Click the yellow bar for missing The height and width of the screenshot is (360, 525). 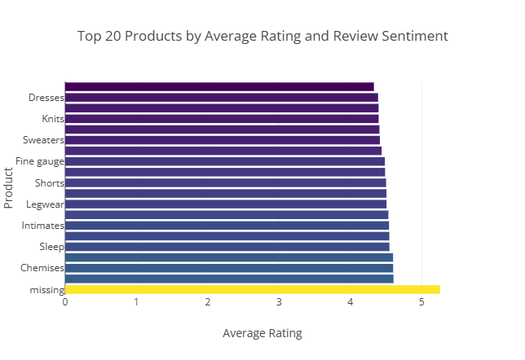pyautogui.click(x=252, y=290)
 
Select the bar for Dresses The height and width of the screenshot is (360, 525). pyautogui.click(x=221, y=98)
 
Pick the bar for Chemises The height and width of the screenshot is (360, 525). pyautogui.click(x=228, y=268)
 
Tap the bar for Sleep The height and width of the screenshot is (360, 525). pyautogui.click(x=227, y=247)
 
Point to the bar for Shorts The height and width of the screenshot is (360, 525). pyautogui.click(x=225, y=182)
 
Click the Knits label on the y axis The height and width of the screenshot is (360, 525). pyautogui.click(x=53, y=119)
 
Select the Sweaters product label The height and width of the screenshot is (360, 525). pyautogui.click(x=44, y=140)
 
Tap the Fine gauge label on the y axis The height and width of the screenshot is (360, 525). pyautogui.click(x=40, y=161)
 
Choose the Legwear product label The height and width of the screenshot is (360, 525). pyautogui.click(x=46, y=204)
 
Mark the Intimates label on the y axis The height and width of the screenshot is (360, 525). pyautogui.click(x=43, y=226)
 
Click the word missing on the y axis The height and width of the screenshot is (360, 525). pyautogui.click(x=46, y=290)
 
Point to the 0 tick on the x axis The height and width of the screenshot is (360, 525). pyautogui.click(x=65, y=303)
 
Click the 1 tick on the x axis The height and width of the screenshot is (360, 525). pyautogui.click(x=136, y=303)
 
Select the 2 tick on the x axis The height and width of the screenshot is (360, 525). pyautogui.click(x=208, y=303)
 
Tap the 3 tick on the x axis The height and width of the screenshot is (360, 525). pyautogui.click(x=279, y=303)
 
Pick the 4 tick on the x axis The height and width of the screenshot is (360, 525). pyautogui.click(x=351, y=303)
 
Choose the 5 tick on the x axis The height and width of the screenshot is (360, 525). pyautogui.click(x=421, y=303)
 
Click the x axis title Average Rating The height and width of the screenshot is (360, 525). pyautogui.click(x=262, y=333)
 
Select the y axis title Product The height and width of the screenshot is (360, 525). pyautogui.click(x=9, y=187)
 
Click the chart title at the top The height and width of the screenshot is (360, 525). pyautogui.click(x=262, y=37)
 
